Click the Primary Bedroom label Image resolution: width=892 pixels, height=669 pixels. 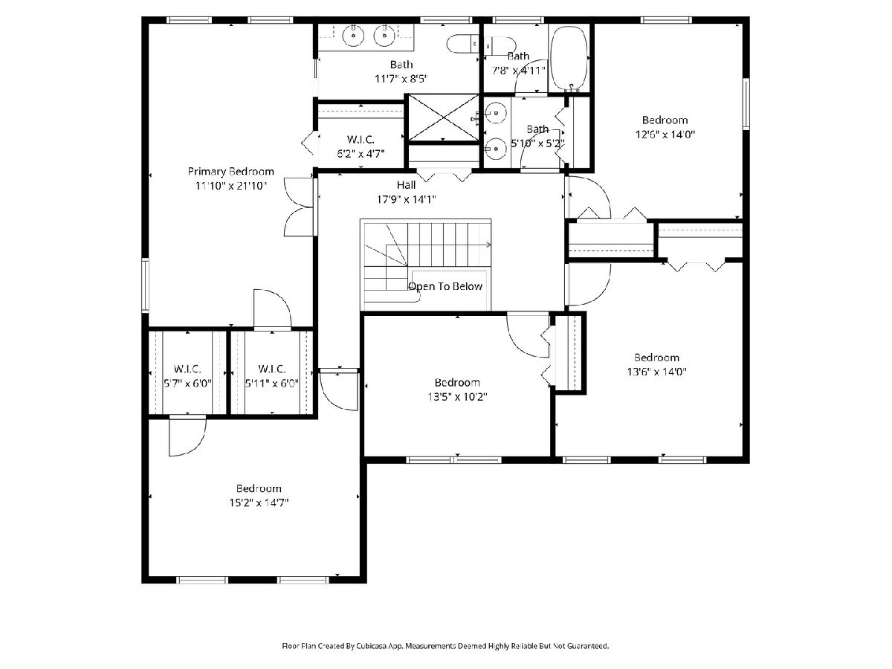pyautogui.click(x=231, y=172)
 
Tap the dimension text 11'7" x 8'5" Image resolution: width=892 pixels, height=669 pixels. pyautogui.click(x=401, y=79)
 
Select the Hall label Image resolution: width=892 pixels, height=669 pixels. pyautogui.click(x=406, y=185)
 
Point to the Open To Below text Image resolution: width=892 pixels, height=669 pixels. pyautogui.click(x=445, y=286)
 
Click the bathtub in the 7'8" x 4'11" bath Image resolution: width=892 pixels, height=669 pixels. pyautogui.click(x=569, y=59)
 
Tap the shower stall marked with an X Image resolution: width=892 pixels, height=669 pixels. pyautogui.click(x=443, y=117)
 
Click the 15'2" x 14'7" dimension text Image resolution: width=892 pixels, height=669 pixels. pyautogui.click(x=259, y=503)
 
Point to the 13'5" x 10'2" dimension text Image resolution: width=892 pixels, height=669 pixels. pyautogui.click(x=457, y=397)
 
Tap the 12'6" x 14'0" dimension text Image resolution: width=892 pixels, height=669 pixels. pyautogui.click(x=665, y=135)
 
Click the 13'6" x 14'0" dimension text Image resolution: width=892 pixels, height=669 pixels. pyautogui.click(x=656, y=372)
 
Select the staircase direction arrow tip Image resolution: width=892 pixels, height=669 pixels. pyautogui.click(x=491, y=245)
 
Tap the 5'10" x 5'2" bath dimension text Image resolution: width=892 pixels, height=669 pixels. pyautogui.click(x=537, y=143)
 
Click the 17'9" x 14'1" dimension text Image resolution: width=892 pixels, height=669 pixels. pyautogui.click(x=407, y=199)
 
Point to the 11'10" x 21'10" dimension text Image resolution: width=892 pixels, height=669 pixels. pyautogui.click(x=231, y=186)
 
